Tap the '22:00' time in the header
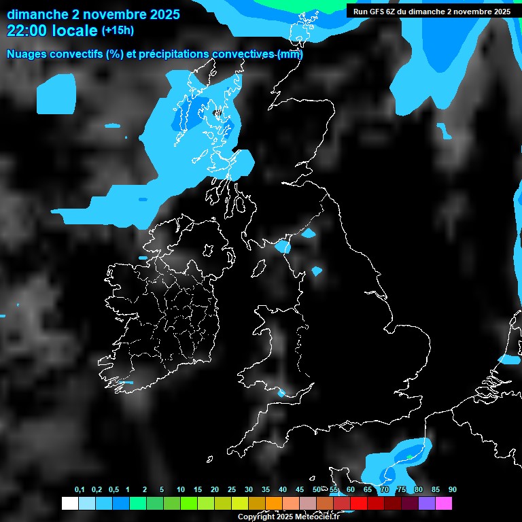[x=27, y=31]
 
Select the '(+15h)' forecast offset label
[x=118, y=30]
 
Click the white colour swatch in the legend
[x=69, y=504]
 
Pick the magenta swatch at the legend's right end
[x=443, y=504]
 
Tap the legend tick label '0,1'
[x=80, y=490]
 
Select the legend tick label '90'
[x=453, y=490]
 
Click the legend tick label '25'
[x=232, y=490]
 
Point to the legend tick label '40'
[x=283, y=490]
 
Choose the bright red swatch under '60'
[x=358, y=504]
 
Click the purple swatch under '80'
[x=426, y=504]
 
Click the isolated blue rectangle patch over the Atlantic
[x=56, y=94]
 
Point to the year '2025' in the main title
[x=157, y=14]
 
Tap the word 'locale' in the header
[x=74, y=31]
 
